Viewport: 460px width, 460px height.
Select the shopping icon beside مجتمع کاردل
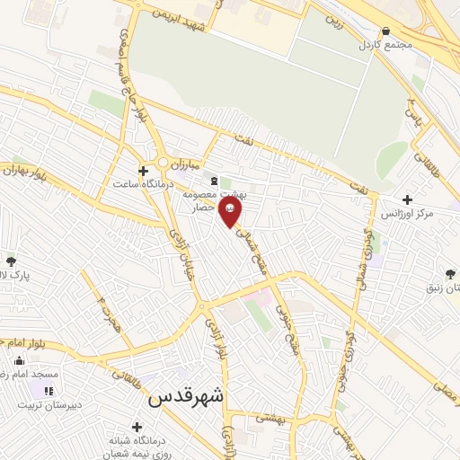tap(385, 30)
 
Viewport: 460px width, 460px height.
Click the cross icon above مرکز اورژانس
tap(408, 199)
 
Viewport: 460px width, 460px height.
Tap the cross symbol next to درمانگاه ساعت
tap(143, 170)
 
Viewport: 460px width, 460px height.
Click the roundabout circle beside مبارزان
tap(164, 163)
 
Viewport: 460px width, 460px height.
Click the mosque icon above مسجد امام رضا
tap(20, 360)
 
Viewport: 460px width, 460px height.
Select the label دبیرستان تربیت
tap(42, 404)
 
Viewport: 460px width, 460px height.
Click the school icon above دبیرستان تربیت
tap(48, 391)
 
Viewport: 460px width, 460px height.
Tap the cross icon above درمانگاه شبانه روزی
tap(137, 427)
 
